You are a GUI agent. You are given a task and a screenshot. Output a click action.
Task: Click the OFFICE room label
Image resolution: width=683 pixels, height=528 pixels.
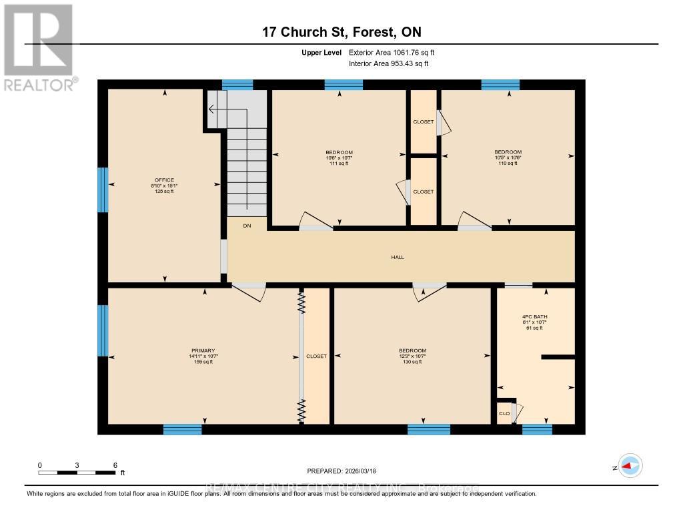164,180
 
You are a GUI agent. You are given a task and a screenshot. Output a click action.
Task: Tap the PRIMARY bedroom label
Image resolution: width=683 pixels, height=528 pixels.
203,350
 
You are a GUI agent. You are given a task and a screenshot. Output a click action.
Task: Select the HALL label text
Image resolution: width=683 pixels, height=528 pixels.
398,257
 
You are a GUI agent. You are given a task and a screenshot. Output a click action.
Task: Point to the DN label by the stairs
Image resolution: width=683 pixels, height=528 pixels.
247,226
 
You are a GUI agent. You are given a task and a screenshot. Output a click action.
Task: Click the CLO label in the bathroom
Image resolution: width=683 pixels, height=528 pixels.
504,414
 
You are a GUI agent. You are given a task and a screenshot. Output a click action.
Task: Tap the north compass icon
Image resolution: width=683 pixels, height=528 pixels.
630,466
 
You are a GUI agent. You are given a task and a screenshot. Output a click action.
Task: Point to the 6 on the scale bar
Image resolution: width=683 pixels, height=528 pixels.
115,465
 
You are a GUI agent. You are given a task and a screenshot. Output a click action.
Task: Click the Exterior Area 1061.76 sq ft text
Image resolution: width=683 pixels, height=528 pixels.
392,52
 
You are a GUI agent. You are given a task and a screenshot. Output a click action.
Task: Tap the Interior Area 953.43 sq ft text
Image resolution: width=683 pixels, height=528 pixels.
388,64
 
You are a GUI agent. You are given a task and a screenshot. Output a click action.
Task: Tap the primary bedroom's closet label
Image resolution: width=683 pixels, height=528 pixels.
316,356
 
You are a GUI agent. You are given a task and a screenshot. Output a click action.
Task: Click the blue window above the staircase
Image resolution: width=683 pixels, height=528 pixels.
237,85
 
